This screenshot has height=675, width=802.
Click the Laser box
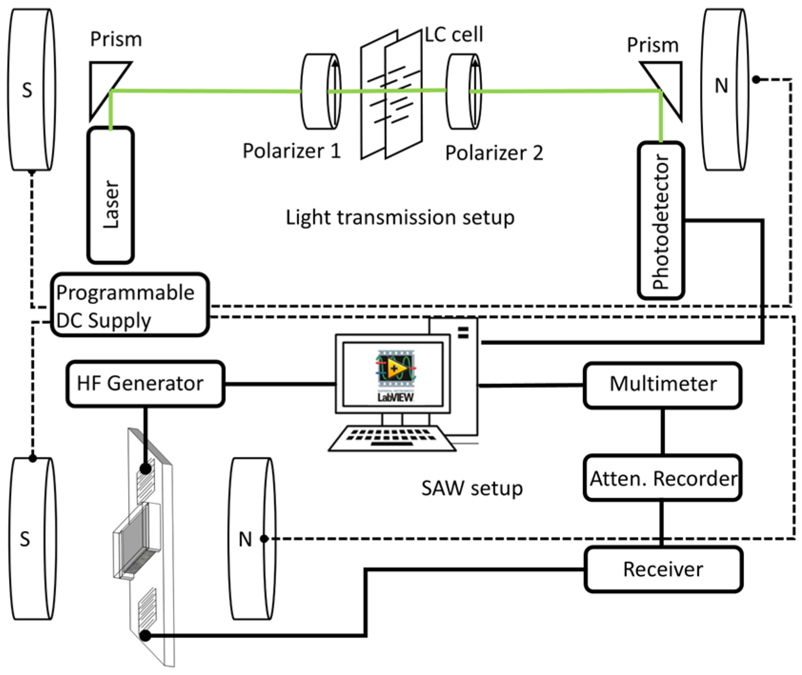[x=110, y=195]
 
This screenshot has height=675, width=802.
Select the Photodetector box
[x=661, y=220]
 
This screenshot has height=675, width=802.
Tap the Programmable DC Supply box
[x=130, y=305]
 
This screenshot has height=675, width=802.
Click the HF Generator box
[x=145, y=383]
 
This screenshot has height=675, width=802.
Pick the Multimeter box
[x=662, y=385]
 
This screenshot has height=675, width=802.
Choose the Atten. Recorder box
[x=662, y=478]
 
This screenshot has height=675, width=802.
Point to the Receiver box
[x=663, y=569]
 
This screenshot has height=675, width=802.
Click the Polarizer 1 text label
[x=291, y=151]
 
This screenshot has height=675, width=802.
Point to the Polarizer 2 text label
[x=494, y=153]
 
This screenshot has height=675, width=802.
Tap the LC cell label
[x=453, y=34]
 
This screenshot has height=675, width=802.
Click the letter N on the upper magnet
[x=721, y=86]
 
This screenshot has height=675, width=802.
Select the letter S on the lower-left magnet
[x=25, y=539]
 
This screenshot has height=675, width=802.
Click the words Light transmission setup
[x=400, y=217]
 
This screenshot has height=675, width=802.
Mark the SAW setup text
[x=472, y=489]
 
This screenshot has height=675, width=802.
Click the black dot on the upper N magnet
[x=756, y=79]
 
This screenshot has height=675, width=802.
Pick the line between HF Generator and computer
[x=280, y=383]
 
